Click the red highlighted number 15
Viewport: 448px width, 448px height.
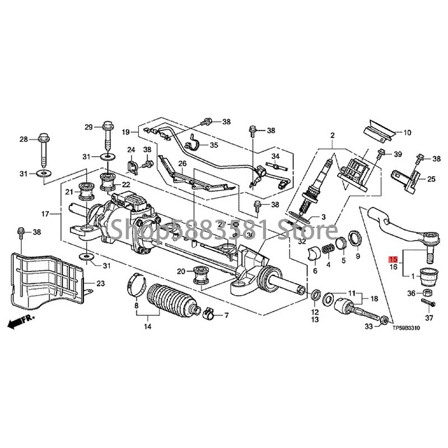click(394, 260)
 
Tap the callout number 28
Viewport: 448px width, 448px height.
click(24, 139)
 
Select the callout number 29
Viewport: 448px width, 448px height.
click(88, 127)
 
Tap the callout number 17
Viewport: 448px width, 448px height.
click(46, 213)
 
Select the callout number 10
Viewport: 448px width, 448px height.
click(407, 133)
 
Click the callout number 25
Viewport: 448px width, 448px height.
click(431, 179)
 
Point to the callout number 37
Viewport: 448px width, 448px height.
click(430, 319)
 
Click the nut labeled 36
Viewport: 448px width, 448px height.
click(426, 293)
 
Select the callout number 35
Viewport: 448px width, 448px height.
click(214, 145)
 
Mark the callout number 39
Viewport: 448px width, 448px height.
click(398, 154)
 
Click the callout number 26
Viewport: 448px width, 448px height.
click(182, 163)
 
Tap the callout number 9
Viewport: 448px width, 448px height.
click(358, 257)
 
